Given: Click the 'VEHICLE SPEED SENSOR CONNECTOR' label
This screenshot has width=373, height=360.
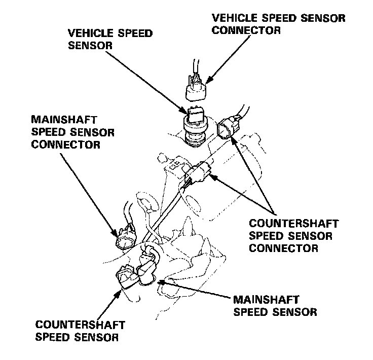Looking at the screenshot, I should point(279,24).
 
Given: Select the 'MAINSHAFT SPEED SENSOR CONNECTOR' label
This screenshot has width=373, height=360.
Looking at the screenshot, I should point(72,133).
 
